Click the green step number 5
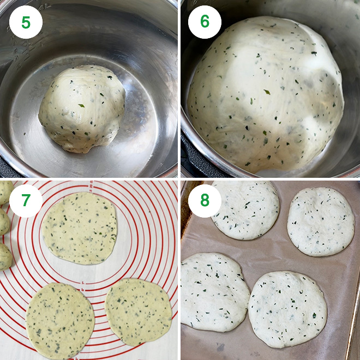pyautogui.click(x=26, y=22)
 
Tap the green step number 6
pyautogui.click(x=205, y=22)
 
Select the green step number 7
pyautogui.click(x=26, y=201)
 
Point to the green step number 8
pyautogui.click(x=205, y=201)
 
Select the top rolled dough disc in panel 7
pyautogui.click(x=80, y=227)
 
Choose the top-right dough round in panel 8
pyautogui.click(x=321, y=221)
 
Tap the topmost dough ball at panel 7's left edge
pyautogui.click(x=5, y=192)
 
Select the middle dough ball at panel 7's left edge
pyautogui.click(x=4, y=221)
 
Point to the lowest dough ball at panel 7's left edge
pyautogui.click(x=4, y=256)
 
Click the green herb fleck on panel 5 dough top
pyautogui.click(x=81, y=105)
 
